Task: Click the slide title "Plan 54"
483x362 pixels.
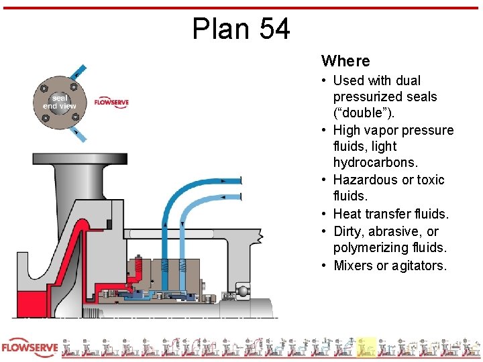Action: click(x=241, y=29)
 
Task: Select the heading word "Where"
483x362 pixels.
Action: click(x=345, y=61)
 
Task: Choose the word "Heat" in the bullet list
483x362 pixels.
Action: click(x=347, y=214)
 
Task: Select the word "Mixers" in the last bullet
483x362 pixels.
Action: click(x=352, y=265)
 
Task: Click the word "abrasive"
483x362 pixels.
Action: click(x=394, y=231)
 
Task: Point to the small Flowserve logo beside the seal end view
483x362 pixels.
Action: click(x=111, y=102)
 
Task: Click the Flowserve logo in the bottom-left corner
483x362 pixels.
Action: click(x=30, y=349)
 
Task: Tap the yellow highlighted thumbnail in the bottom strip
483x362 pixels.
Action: click(x=366, y=347)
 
